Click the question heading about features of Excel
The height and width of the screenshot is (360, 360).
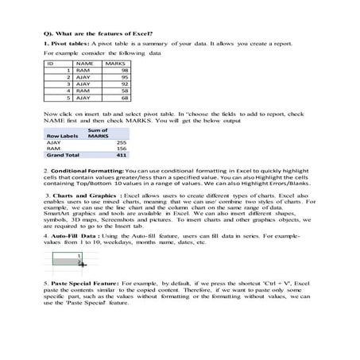99,32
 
